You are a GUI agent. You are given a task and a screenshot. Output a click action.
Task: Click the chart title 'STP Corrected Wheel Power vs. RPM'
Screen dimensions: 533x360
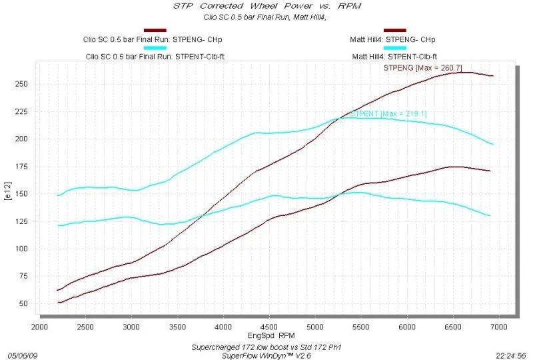pyautogui.click(x=267, y=6)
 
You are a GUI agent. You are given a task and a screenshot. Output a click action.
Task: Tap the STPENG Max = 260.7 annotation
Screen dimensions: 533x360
pyautogui.click(x=423, y=68)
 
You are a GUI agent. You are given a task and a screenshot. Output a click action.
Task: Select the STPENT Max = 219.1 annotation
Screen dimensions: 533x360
pyautogui.click(x=388, y=113)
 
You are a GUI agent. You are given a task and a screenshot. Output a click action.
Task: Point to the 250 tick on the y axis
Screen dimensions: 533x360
pyautogui.click(x=21, y=84)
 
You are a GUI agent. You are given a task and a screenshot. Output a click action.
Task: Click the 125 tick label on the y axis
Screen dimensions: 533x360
pyautogui.click(x=21, y=221)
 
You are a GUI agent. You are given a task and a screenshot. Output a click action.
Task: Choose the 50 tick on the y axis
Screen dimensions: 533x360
pyautogui.click(x=23, y=303)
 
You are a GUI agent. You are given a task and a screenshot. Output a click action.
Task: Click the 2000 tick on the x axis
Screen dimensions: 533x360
pyautogui.click(x=39, y=327)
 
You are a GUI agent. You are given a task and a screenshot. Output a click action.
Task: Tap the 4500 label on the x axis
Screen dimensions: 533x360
pyautogui.click(x=269, y=327)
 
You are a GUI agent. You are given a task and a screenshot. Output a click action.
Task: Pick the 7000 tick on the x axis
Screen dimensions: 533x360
pyautogui.click(x=498, y=327)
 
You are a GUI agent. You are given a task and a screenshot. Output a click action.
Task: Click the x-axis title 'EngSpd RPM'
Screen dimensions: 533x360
pyautogui.click(x=271, y=336)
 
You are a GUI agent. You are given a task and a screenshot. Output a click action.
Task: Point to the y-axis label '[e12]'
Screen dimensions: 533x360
pyautogui.click(x=8, y=191)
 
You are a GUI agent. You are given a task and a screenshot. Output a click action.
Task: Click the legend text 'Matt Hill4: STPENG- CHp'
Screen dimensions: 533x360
pyautogui.click(x=392, y=39)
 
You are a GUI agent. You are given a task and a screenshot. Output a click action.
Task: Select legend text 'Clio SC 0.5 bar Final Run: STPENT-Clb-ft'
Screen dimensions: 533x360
pyautogui.click(x=155, y=57)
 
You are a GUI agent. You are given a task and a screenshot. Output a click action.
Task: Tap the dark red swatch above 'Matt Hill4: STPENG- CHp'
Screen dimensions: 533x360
pyautogui.click(x=395, y=30)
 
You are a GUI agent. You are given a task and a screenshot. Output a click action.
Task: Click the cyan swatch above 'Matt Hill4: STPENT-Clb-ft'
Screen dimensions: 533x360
pyautogui.click(x=395, y=48)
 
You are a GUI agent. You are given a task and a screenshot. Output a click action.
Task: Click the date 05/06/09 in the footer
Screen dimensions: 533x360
pyautogui.click(x=23, y=356)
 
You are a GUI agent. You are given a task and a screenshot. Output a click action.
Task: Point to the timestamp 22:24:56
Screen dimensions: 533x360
pyautogui.click(x=511, y=356)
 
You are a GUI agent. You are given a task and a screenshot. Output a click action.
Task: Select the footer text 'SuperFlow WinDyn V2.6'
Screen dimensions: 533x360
pyautogui.click(x=266, y=356)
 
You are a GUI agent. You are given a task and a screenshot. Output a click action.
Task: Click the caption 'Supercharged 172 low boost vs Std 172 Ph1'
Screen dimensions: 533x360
pyautogui.click(x=266, y=347)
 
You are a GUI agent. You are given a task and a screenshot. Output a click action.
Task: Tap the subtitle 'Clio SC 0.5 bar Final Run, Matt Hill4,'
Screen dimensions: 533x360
pyautogui.click(x=265, y=17)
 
